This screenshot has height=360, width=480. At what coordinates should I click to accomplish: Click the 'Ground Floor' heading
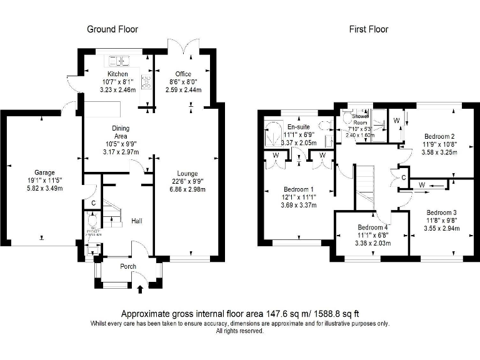point(112,29)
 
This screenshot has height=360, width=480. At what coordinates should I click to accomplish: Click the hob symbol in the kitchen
point(146,82)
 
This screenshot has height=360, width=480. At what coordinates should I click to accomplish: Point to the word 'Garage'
point(44,172)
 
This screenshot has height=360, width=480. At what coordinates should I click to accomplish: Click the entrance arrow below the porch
point(139,289)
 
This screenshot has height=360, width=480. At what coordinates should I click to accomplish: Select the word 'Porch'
point(128,266)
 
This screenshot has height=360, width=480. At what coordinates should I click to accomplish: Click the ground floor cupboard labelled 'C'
point(93,203)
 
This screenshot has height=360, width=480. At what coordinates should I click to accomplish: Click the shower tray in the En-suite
point(272,132)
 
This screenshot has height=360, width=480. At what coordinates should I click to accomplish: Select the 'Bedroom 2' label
point(439,136)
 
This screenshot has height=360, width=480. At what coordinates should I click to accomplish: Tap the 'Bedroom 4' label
point(372,227)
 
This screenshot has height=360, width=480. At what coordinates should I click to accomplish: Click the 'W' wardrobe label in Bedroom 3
point(422,184)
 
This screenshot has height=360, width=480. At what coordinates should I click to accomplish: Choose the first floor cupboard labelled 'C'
point(396,176)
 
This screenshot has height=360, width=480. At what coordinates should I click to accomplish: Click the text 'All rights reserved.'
point(239,331)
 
